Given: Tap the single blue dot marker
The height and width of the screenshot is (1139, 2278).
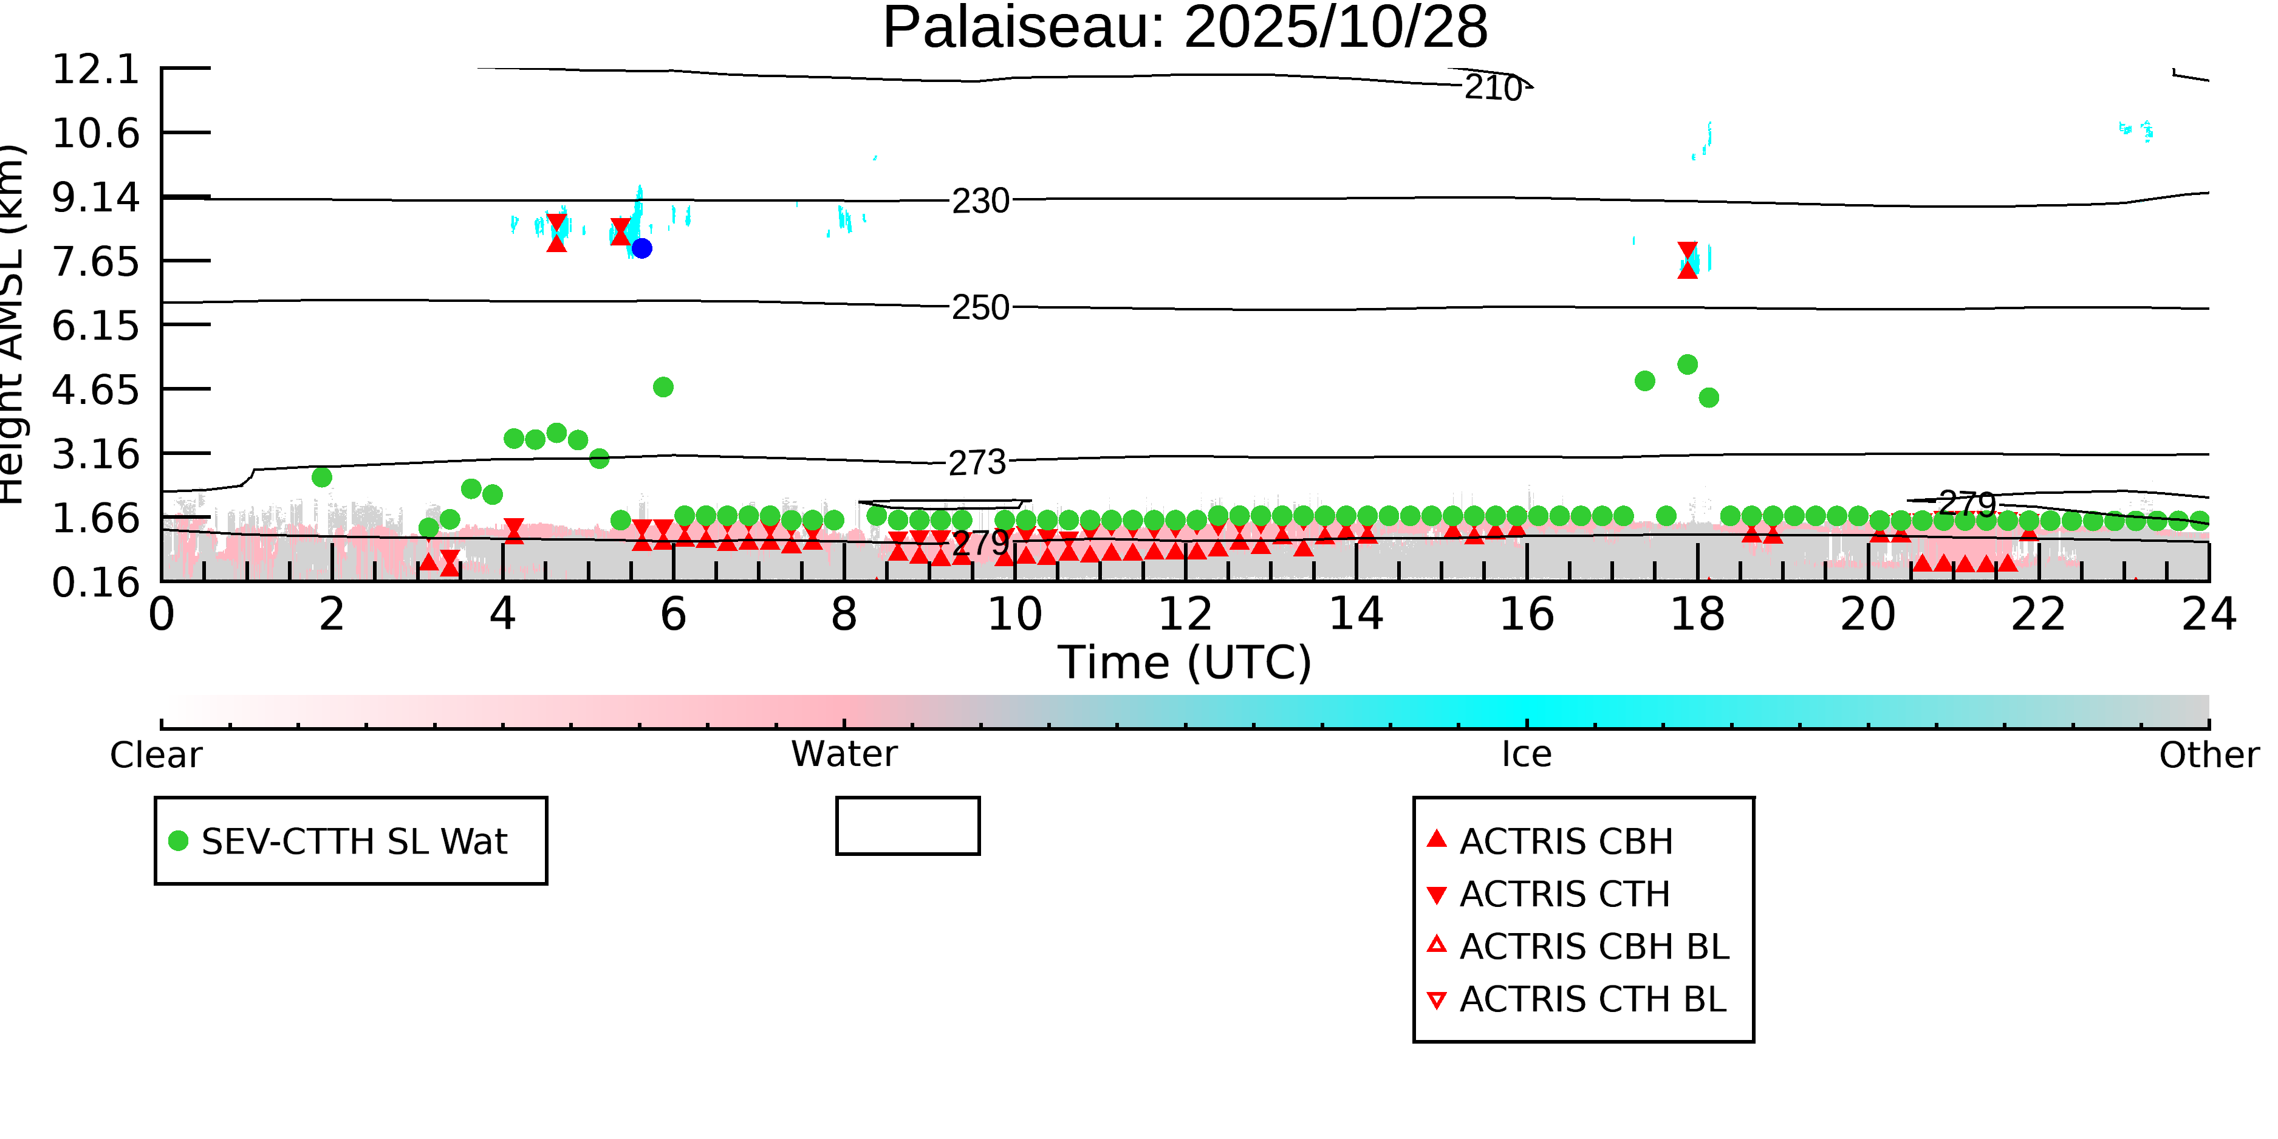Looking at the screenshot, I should tap(642, 248).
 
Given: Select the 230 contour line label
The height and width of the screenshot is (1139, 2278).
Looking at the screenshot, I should tap(980, 202).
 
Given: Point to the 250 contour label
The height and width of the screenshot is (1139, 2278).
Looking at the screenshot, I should tap(980, 308).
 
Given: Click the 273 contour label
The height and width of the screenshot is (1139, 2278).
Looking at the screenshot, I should tap(977, 462).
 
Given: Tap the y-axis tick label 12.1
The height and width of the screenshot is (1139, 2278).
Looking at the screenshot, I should tap(95, 69).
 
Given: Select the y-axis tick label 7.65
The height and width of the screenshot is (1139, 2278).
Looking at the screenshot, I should tap(95, 262).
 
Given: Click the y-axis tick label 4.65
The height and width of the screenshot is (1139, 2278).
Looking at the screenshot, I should tap(95, 390).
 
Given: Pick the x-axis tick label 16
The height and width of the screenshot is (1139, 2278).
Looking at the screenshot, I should tap(1527, 615).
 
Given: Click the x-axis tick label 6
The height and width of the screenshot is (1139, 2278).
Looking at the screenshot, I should tap(673, 615).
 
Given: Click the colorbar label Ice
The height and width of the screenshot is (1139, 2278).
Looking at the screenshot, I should tap(1527, 754).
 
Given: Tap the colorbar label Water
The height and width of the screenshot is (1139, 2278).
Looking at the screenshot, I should tap(844, 754).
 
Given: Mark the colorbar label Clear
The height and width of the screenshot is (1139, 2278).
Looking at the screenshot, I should tap(156, 754).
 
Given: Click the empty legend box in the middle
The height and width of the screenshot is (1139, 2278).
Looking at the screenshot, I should tap(908, 826).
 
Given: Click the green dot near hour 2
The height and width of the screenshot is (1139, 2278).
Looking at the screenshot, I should tap(322, 477).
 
